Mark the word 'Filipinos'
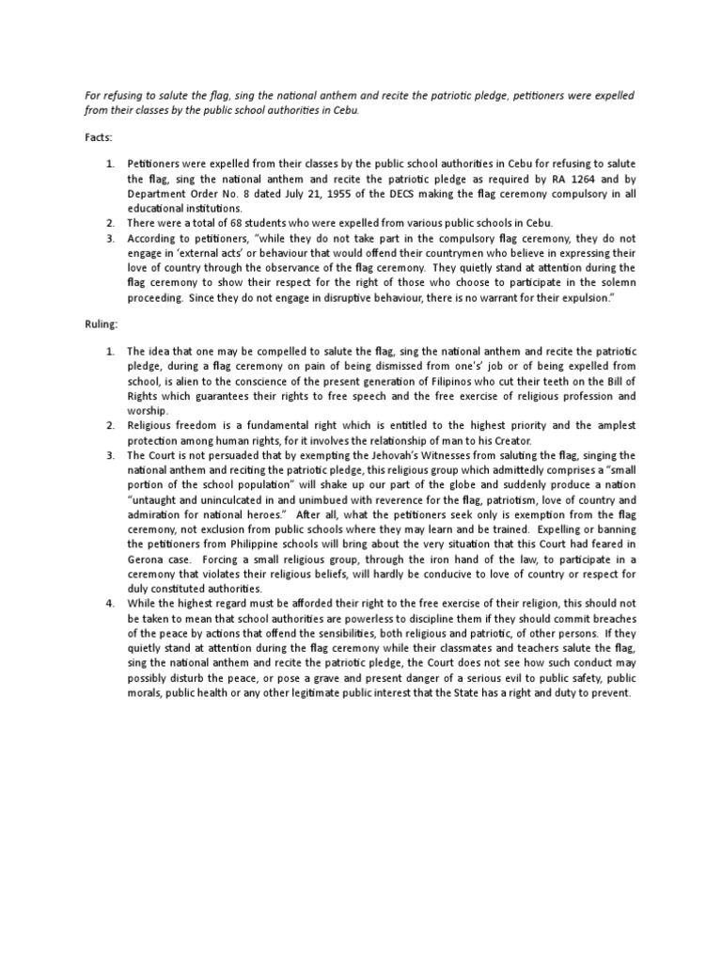tap(474, 381)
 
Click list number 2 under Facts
tap(109, 223)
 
